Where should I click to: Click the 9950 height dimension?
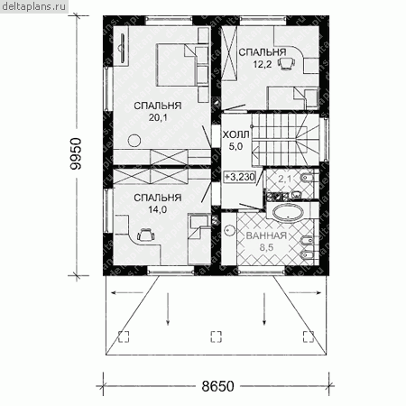(x=75, y=153)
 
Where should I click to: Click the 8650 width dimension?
(x=217, y=386)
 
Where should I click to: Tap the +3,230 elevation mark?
(x=240, y=177)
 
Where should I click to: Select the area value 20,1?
(x=158, y=117)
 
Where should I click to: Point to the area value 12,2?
(x=263, y=64)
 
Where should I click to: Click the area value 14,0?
(x=158, y=209)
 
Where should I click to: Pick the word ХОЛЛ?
(x=236, y=134)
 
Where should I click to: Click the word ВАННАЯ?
(x=266, y=235)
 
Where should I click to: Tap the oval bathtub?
(x=288, y=212)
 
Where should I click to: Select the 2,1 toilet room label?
(x=284, y=180)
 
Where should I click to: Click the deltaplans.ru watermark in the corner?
(x=33, y=6)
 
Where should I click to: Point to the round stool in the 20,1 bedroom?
(x=134, y=141)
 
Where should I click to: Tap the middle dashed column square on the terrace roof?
(x=216, y=337)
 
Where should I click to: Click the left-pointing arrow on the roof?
(x=127, y=292)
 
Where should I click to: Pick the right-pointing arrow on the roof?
(x=305, y=292)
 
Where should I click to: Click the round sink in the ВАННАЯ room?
(x=230, y=230)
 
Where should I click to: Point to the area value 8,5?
(x=266, y=247)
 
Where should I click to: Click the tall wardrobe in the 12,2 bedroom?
(x=230, y=52)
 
